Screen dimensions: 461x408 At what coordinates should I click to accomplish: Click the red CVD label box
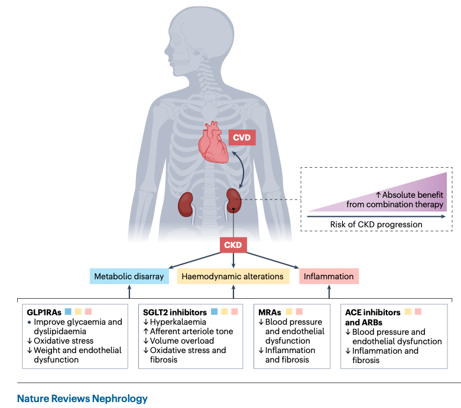242,137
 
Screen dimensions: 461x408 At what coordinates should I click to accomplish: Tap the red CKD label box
233,245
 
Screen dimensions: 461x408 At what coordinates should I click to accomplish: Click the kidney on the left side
186,204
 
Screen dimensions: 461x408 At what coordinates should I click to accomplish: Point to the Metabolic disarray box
129,276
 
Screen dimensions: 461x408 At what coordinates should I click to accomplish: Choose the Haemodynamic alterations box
233,276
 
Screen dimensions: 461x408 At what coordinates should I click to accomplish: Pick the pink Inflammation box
329,276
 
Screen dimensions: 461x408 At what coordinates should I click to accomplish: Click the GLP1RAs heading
44,312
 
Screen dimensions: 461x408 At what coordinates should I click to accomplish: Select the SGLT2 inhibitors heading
175,312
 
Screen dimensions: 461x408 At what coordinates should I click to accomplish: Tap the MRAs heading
270,312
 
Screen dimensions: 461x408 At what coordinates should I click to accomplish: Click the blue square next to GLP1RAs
68,311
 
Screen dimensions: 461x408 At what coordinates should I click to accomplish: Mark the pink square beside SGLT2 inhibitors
234,311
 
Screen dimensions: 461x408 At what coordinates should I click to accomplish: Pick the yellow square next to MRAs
289,311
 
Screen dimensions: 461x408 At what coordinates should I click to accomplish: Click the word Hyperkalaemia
178,322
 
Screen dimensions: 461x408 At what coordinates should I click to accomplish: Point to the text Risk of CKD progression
376,224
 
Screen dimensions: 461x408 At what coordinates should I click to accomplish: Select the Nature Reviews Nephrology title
82,399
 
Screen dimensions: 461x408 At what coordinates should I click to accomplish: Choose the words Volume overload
181,341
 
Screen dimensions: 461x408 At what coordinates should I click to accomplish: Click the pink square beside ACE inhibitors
418,311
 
